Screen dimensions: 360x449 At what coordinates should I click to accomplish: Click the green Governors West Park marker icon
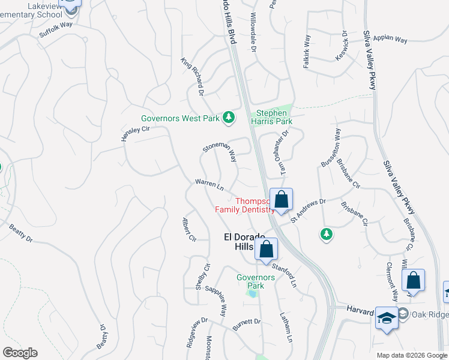(x=228, y=118)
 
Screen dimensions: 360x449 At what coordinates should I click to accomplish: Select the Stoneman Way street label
(x=219, y=148)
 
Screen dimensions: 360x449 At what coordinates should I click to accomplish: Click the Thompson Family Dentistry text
(x=246, y=205)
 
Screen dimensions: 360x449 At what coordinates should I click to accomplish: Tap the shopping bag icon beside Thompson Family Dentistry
(x=280, y=200)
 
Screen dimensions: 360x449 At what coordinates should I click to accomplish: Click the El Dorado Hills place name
(x=236, y=242)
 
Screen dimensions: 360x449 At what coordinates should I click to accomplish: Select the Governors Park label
(x=255, y=281)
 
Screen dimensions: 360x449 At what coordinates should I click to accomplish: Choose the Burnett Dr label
(x=246, y=324)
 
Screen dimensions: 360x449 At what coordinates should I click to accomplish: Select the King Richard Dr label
(x=193, y=76)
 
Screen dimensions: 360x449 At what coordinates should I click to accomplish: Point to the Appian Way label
(x=390, y=39)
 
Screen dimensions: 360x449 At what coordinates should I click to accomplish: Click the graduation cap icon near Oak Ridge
(x=386, y=319)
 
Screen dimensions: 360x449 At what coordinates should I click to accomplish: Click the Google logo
(x=20, y=353)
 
